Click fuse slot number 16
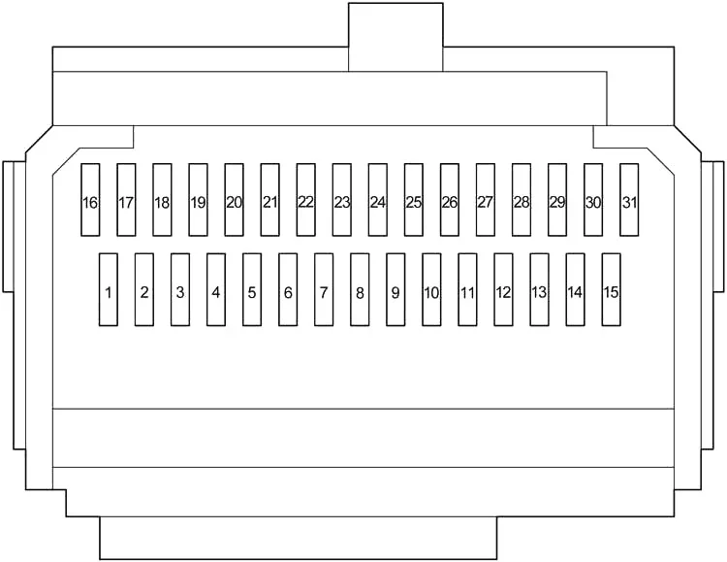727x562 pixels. pos(90,200)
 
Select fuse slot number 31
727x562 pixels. pos(629,200)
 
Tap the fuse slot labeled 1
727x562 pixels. pos(108,289)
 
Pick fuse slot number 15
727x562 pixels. pos(611,289)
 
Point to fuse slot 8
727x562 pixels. pos(360,289)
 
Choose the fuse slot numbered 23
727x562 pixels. pos(342,200)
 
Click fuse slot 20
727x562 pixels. pos(235,200)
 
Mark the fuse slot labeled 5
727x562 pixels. pos(252,289)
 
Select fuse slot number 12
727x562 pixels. pos(503,289)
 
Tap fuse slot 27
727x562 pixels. pos(486,200)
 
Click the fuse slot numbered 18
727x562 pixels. pos(162,200)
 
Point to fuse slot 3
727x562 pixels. pos(180,289)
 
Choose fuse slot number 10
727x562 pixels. pos(431,289)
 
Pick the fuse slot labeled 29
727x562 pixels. pos(557,200)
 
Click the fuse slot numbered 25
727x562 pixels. pos(414,200)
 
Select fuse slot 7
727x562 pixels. pos(324,289)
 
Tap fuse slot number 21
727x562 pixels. pos(269,200)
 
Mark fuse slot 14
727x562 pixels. pos(576,289)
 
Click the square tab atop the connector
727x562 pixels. pos(395,37)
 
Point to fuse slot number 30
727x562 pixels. pos(593,200)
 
